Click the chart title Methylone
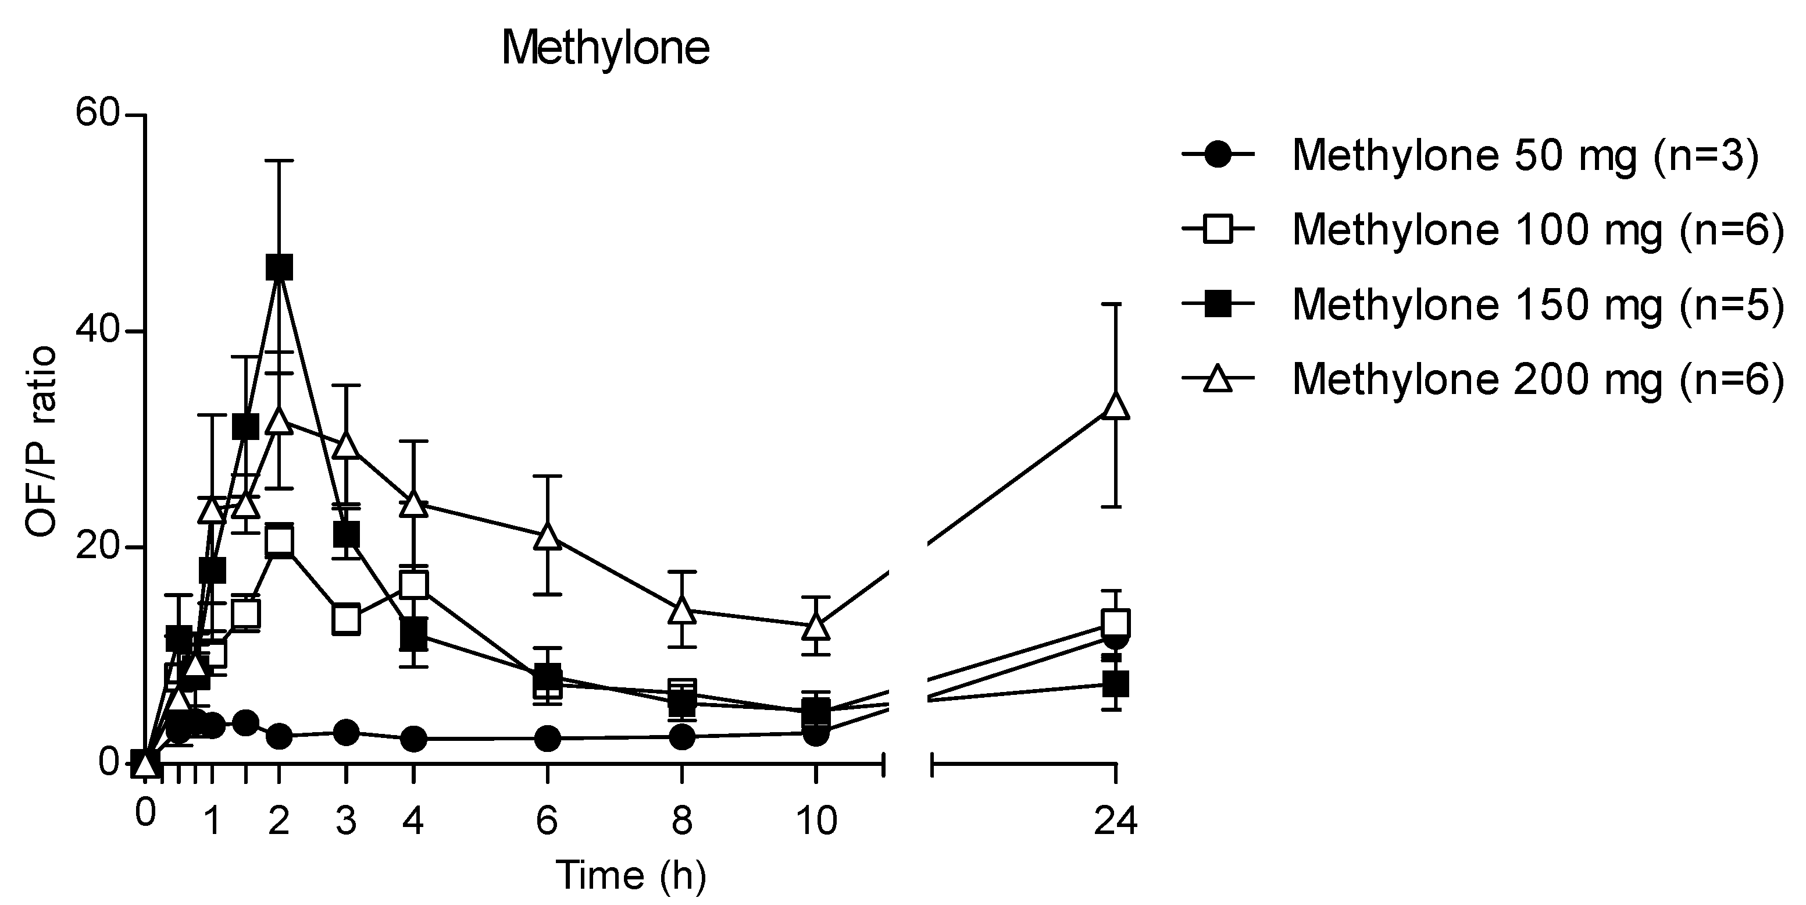[x=606, y=49]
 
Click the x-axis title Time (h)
[x=630, y=875]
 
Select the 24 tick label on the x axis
[x=1115, y=820]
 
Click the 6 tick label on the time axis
[x=547, y=820]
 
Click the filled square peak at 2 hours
[x=279, y=267]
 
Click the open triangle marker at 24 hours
[x=1115, y=406]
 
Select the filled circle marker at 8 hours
[x=682, y=737]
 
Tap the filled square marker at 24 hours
[x=1115, y=683]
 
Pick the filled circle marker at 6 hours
[x=548, y=738]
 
